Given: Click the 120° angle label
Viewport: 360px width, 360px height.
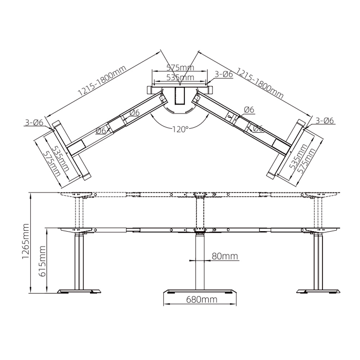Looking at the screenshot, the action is pos(181,129).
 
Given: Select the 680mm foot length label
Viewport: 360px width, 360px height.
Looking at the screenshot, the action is pos(202,300).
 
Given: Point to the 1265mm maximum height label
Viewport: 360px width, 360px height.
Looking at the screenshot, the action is pos(26,241).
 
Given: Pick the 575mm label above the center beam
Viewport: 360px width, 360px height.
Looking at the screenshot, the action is pos(180,68).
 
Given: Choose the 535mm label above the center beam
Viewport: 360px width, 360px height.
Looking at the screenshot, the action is pos(180,77).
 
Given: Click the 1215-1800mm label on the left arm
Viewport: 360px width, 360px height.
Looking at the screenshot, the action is pos(102,81).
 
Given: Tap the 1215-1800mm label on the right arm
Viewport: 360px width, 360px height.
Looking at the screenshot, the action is pos(260,83).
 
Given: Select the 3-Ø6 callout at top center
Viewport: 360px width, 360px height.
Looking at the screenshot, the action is pos(224,74).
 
